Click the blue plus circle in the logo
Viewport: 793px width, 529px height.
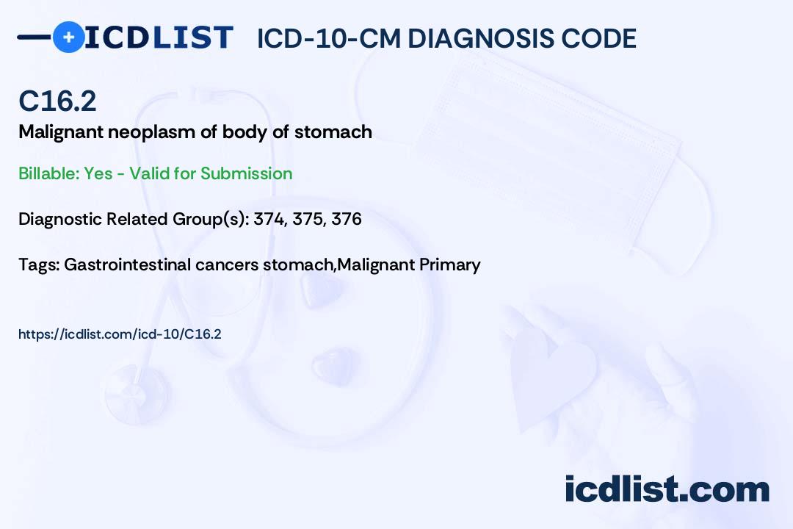(68, 37)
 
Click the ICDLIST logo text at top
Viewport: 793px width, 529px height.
(159, 37)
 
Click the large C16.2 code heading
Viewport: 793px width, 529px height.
(57, 101)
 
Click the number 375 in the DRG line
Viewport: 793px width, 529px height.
(308, 219)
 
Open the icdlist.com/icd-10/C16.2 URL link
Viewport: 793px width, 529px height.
(120, 334)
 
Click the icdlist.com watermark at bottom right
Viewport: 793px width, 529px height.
(667, 489)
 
